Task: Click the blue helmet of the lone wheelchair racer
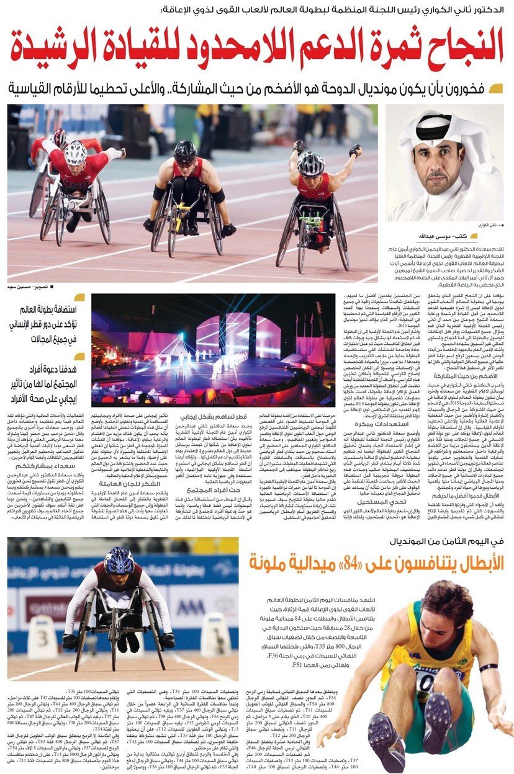point(119,560)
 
